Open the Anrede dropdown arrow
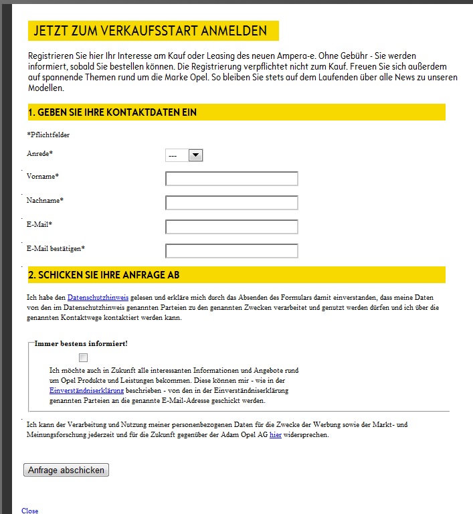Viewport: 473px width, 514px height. pyautogui.click(x=195, y=155)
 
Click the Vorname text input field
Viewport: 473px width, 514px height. pyautogui.click(x=231, y=179)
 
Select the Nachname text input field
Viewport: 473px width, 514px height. pyautogui.click(x=231, y=203)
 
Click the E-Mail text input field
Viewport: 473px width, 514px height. pyautogui.click(x=231, y=227)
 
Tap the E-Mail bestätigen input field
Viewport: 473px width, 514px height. pyautogui.click(x=231, y=251)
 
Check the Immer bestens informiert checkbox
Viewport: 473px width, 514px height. pyautogui.click(x=84, y=357)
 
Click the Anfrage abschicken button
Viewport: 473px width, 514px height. pyautogui.click(x=66, y=470)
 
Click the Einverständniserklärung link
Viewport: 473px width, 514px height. pyautogui.click(x=86, y=390)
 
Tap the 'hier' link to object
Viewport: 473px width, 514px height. pyautogui.click(x=276, y=435)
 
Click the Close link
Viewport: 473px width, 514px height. pyautogui.click(x=30, y=511)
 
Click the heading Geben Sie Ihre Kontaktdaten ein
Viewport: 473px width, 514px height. pyautogui.click(x=112, y=112)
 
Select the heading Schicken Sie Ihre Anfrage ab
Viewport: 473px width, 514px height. pyautogui.click(x=104, y=275)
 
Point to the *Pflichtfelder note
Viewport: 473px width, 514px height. pyautogui.click(x=48, y=135)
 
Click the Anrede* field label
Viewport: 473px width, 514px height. pyautogui.click(x=39, y=153)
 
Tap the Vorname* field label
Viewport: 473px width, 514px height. pyautogui.click(x=43, y=176)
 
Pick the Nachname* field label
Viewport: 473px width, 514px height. pyautogui.click(x=45, y=200)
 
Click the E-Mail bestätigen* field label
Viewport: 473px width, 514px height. pyautogui.click(x=56, y=248)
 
